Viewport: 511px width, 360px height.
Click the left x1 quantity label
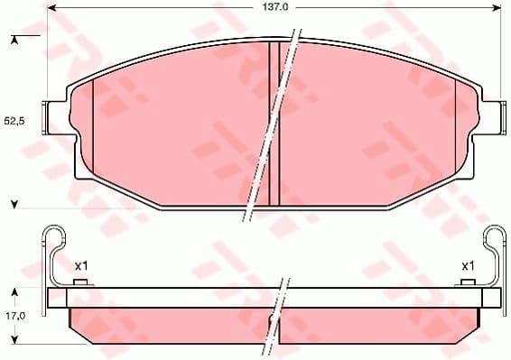pos(79,265)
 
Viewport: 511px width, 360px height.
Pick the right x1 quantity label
pos(468,265)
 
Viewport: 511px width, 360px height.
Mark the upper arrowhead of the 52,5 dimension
pos(13,40)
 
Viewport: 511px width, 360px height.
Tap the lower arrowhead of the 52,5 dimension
pos(13,205)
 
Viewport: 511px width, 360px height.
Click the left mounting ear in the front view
pos(58,118)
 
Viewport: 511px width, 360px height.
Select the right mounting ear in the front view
pos(489,118)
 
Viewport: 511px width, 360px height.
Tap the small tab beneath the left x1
pos(79,283)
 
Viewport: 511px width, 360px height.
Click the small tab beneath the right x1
pos(468,283)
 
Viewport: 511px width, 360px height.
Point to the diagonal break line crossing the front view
pos(271,126)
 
